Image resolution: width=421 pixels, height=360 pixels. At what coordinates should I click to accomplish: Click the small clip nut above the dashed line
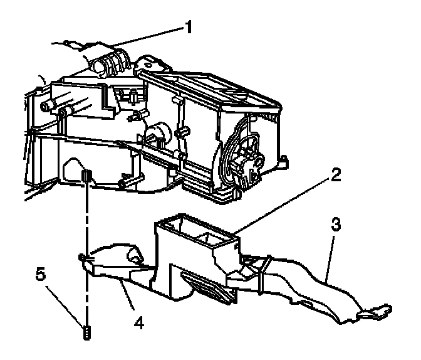(88, 175)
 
